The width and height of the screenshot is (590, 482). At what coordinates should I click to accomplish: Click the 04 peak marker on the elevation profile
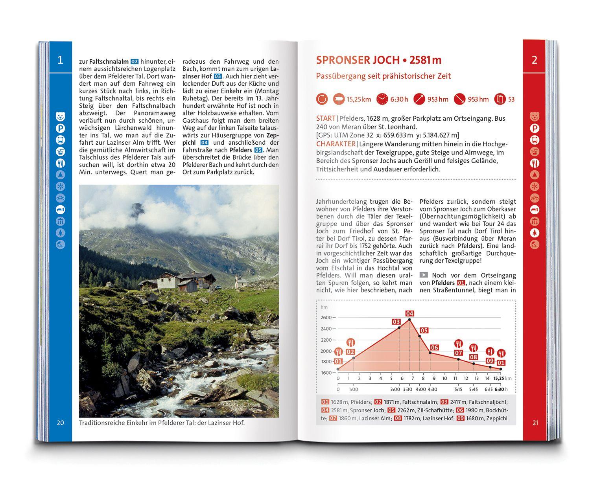(x=409, y=313)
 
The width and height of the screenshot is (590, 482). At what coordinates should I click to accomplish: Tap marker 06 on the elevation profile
(x=434, y=348)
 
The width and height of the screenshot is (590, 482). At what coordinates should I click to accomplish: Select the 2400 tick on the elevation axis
(x=326, y=329)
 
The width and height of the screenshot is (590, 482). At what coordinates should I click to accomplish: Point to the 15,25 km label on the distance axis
(x=498, y=378)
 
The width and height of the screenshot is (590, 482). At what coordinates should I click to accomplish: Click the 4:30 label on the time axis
(x=432, y=389)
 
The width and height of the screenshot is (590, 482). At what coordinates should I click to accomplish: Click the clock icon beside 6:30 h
(x=382, y=99)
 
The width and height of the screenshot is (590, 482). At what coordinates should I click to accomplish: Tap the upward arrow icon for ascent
(x=419, y=99)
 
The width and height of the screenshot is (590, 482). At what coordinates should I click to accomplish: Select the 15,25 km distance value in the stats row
(x=358, y=99)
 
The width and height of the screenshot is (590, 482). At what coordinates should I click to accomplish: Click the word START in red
(x=326, y=118)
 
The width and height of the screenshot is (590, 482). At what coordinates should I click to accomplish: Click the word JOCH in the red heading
(x=385, y=60)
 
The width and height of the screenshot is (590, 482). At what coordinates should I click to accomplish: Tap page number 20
(x=60, y=423)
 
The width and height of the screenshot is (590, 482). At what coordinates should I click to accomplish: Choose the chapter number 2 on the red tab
(x=534, y=60)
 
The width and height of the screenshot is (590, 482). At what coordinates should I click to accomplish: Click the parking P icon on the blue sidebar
(x=60, y=129)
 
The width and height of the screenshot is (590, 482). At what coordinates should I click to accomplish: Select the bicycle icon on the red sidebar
(x=535, y=198)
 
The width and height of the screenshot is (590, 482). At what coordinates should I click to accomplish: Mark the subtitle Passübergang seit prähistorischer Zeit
(x=383, y=76)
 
